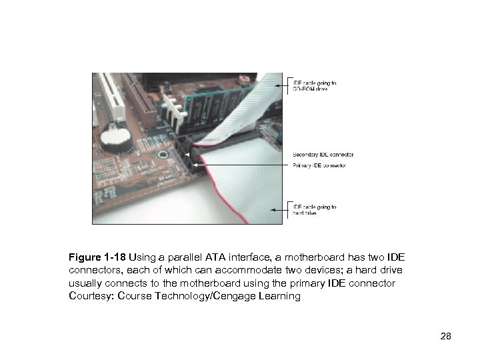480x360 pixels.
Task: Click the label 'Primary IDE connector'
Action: coord(319,165)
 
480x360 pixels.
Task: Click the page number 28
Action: coord(446,336)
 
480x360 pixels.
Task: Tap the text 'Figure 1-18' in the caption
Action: coord(97,257)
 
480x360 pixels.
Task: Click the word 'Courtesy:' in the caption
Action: coord(91,296)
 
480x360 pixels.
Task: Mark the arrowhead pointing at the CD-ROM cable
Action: coord(273,85)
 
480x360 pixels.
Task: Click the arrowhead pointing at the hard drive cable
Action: coord(273,209)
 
